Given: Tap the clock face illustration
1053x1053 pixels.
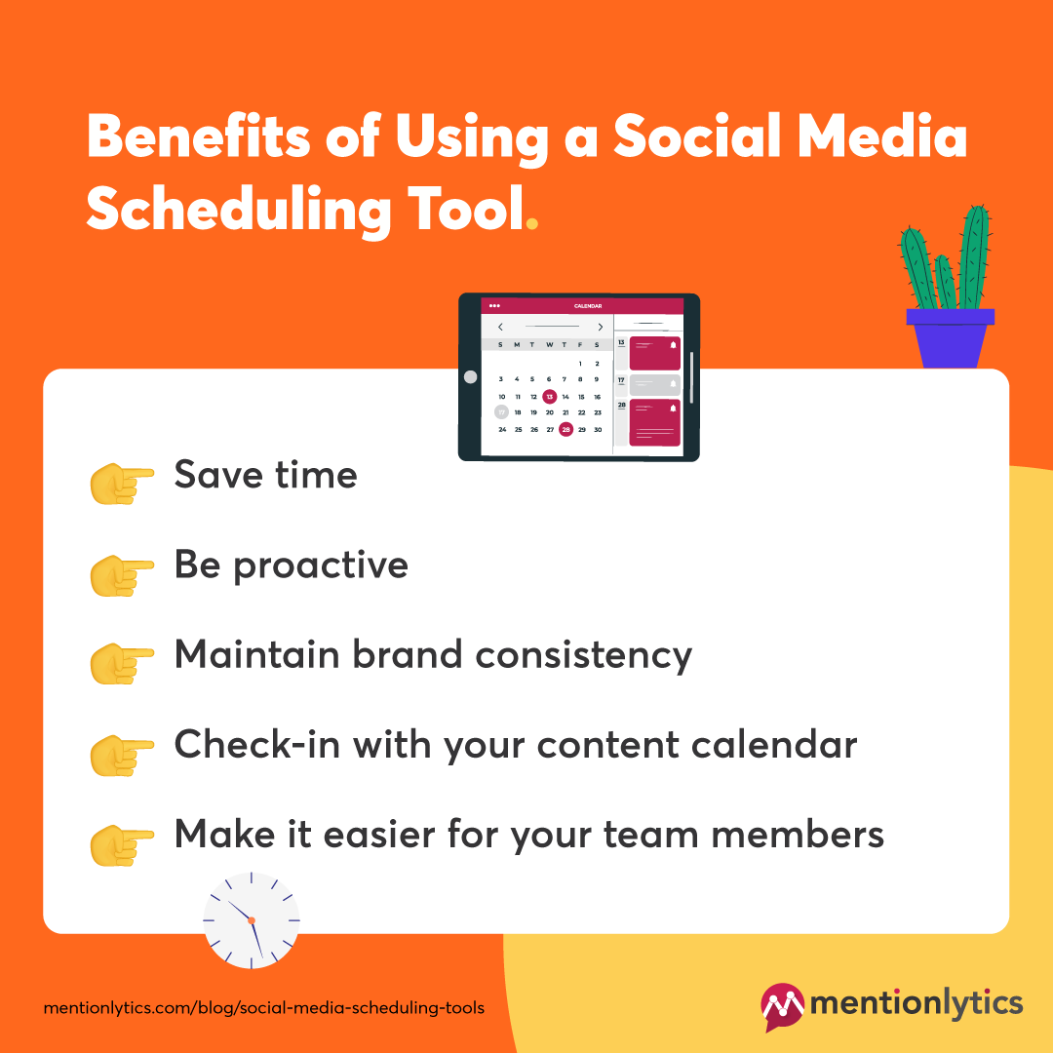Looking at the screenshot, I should coord(252,920).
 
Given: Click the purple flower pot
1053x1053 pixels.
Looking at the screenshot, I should coord(950,337).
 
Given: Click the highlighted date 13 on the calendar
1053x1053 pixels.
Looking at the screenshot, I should coord(550,397).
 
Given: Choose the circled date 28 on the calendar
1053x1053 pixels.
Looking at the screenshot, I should coord(565,429).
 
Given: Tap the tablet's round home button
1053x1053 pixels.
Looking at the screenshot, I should coord(470,376).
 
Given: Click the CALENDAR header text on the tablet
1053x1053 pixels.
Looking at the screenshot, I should coord(588,306).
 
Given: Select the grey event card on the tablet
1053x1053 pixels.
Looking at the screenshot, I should coord(653,384).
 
